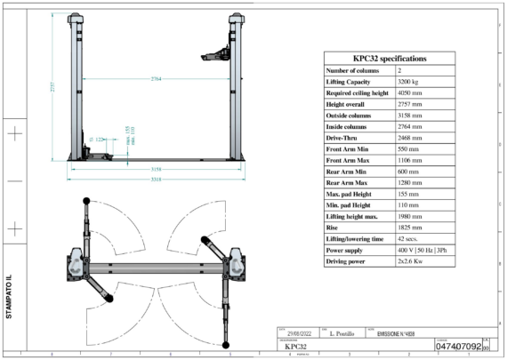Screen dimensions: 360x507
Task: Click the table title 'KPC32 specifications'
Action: pos(390,58)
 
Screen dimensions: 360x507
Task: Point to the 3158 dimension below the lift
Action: pos(156,168)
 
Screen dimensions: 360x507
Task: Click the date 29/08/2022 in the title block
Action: pos(294,332)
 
